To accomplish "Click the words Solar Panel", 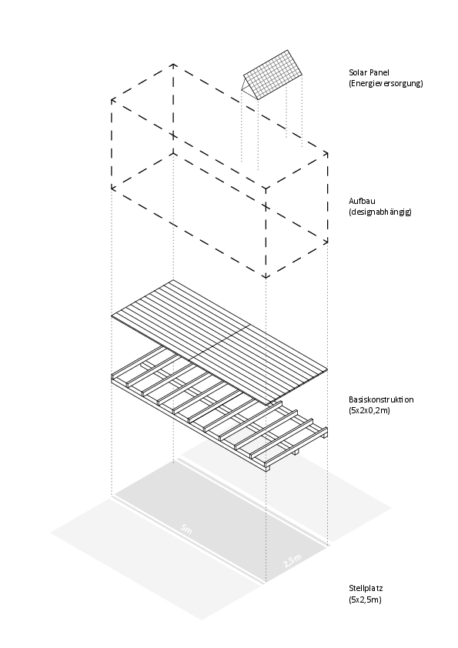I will [368, 72].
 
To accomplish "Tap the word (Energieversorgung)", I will [386, 82].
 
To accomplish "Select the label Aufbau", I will [362, 201].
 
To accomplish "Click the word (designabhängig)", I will [380, 211].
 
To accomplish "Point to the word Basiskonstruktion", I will [381, 400].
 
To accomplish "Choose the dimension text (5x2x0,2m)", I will [370, 410].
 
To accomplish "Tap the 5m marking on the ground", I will [186, 529].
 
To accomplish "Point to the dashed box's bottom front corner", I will [266, 276].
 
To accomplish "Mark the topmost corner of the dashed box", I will [174, 67].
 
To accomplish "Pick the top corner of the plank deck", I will [174, 281].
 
